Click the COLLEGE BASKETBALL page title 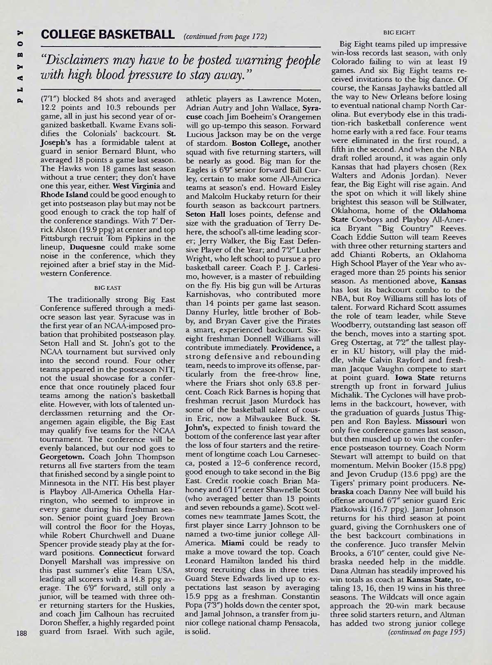pyautogui.click(x=105, y=35)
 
